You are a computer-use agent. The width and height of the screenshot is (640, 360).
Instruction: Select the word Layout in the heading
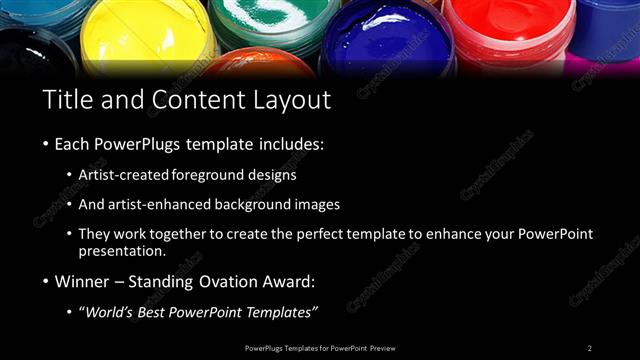point(289,99)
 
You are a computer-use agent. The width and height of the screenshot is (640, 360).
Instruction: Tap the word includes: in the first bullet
point(290,144)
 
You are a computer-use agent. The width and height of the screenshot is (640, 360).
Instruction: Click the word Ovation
point(219,281)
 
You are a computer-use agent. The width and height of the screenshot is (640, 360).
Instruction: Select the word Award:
point(283,281)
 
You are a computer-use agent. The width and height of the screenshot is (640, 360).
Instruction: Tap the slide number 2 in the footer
point(589,347)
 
